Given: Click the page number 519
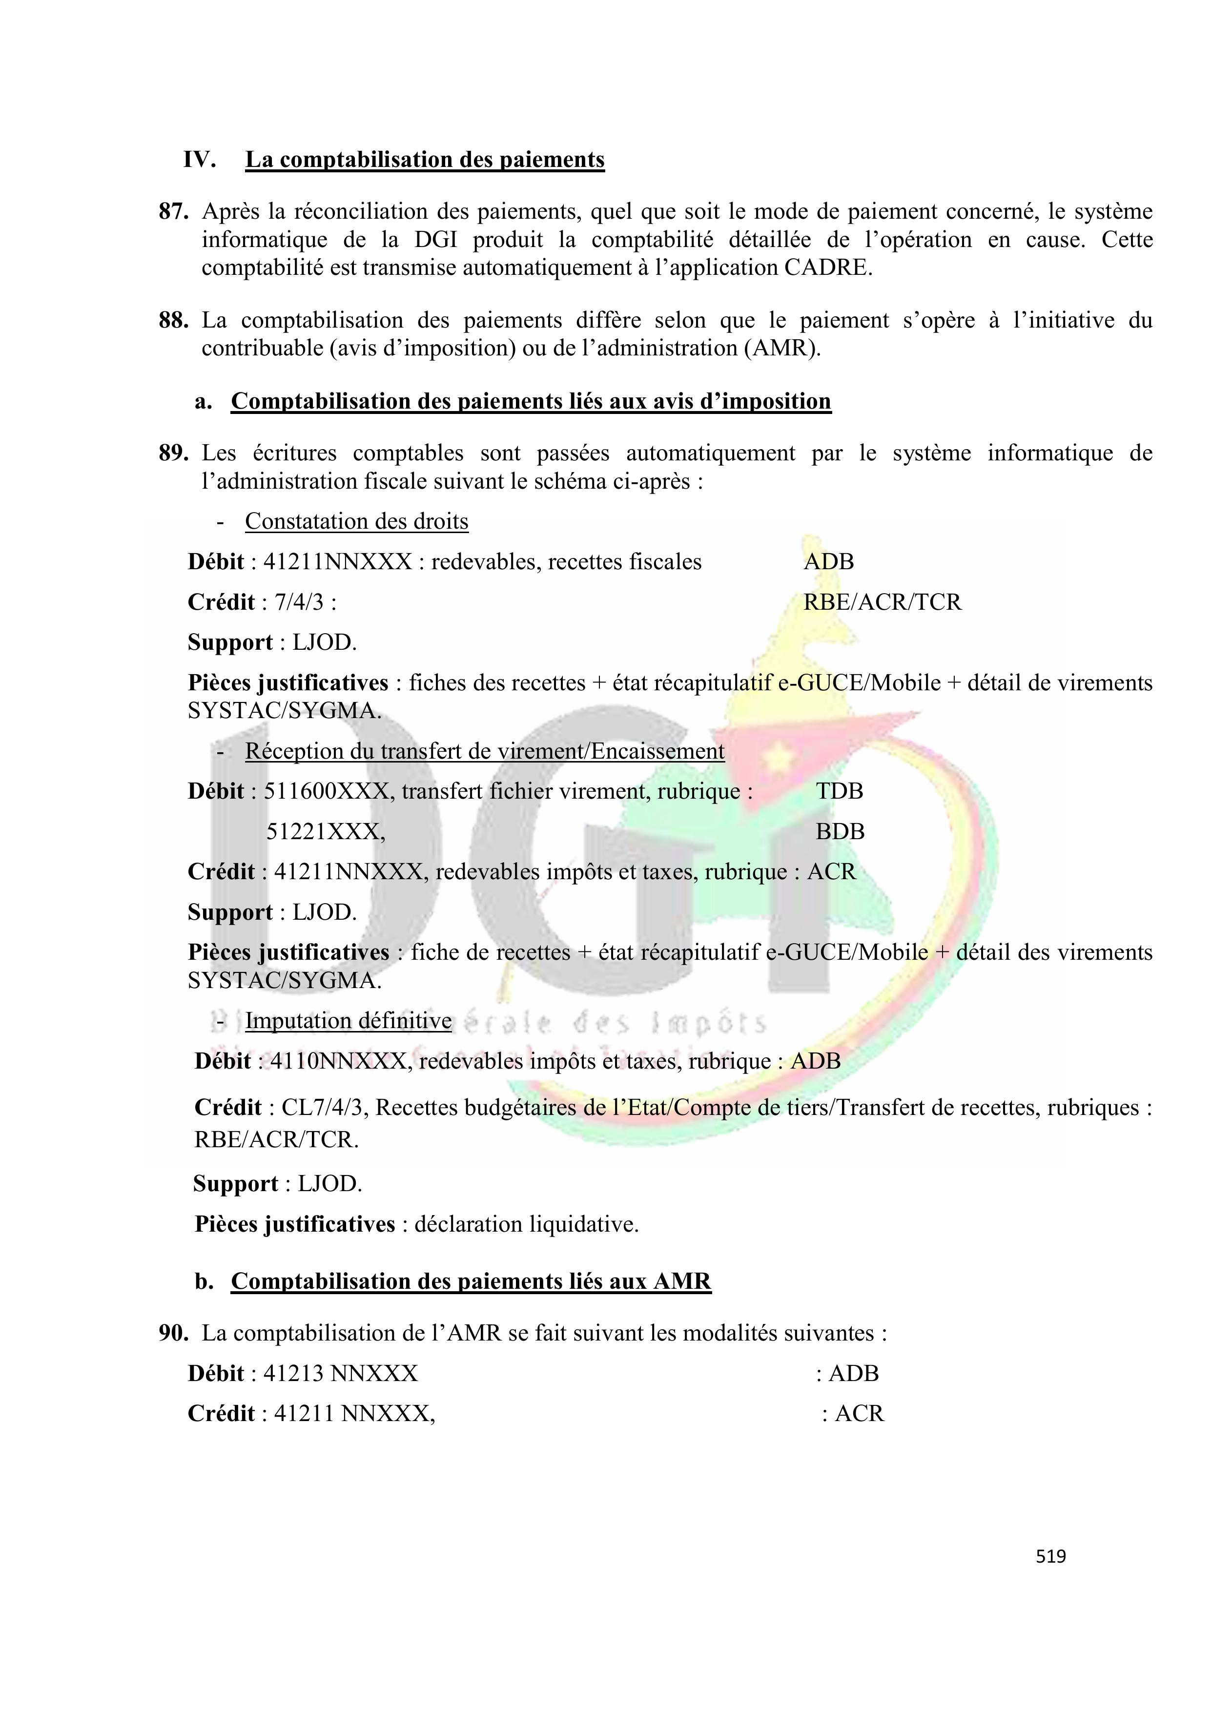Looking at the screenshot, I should pos(1050,1556).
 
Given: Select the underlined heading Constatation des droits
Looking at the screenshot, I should pos(357,521).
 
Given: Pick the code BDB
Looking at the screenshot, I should pos(840,831).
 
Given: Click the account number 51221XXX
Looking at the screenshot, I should pos(325,831).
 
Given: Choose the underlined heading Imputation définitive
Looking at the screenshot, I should pos(349,1021).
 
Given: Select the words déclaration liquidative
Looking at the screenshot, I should pos(526,1224).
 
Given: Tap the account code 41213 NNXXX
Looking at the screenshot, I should pos(340,1374).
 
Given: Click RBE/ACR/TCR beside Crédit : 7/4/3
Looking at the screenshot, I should pos(883,602).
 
